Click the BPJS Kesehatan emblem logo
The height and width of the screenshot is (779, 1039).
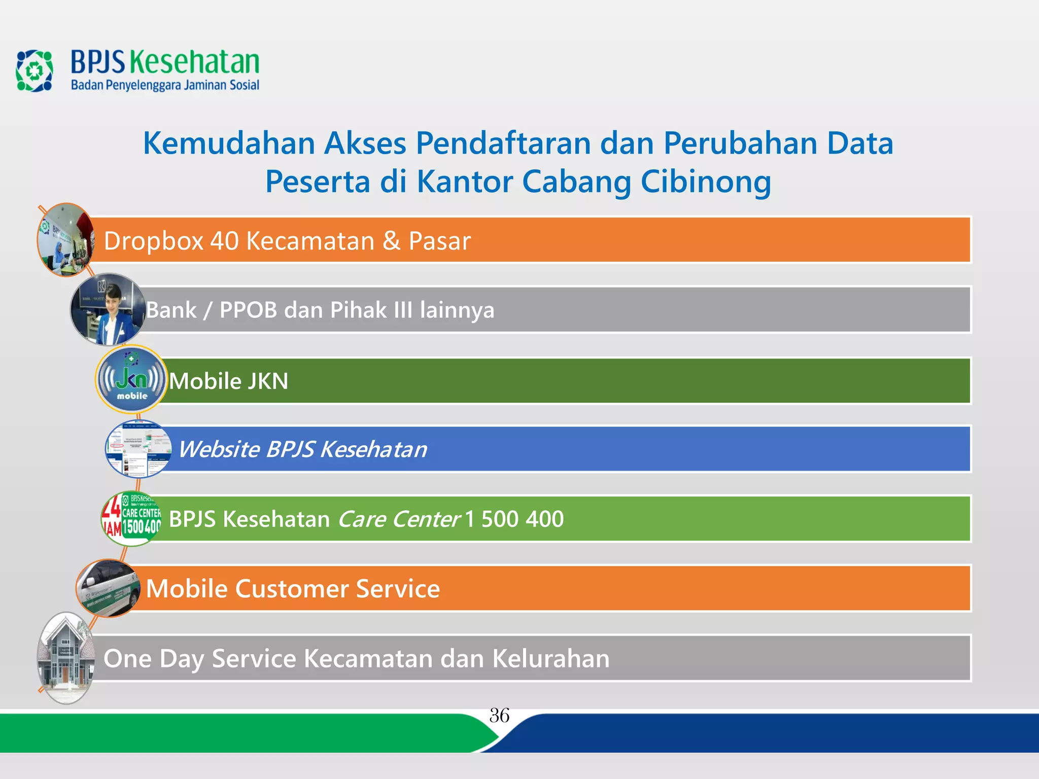click(34, 70)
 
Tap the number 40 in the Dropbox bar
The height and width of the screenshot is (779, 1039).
click(224, 241)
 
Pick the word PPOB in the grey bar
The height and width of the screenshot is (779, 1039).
click(248, 310)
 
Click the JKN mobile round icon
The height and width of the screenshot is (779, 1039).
click(131, 380)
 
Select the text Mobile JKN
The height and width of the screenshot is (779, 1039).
click(229, 381)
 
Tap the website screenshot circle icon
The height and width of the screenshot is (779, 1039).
click(138, 449)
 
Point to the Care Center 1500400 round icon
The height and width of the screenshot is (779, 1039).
click(131, 519)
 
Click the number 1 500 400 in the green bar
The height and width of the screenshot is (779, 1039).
click(513, 519)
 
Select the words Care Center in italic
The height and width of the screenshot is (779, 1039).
click(399, 519)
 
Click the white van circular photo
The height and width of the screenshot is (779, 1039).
click(108, 588)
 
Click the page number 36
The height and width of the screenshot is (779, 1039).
click(499, 716)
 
